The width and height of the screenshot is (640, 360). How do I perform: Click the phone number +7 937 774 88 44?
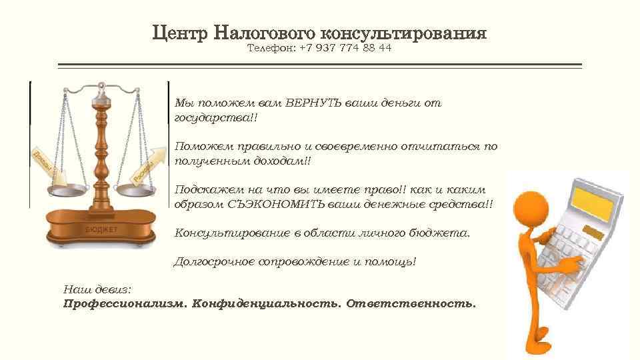point(346,49)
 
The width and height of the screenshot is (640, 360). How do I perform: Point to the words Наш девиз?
point(97,290)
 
